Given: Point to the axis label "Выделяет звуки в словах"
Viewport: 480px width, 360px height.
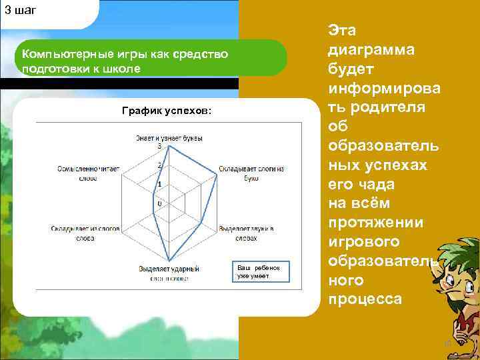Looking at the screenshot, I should (247, 233).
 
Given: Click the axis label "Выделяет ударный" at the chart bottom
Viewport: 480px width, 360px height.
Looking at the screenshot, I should (169, 268).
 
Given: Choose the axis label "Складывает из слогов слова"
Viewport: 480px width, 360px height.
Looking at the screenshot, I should (85, 233).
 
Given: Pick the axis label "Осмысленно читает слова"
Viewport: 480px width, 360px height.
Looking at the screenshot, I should (88, 173).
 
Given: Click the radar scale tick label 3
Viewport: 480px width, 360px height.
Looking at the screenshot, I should (159, 146).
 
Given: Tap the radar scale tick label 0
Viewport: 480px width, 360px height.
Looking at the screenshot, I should (159, 203).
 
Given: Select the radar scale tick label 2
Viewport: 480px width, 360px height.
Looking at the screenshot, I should (159, 165).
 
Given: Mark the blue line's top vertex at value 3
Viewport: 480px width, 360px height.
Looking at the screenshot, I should (169, 147).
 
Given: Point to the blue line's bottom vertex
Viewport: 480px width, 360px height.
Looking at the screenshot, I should (169, 261).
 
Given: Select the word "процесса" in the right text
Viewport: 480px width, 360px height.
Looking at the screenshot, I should (365, 299).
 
